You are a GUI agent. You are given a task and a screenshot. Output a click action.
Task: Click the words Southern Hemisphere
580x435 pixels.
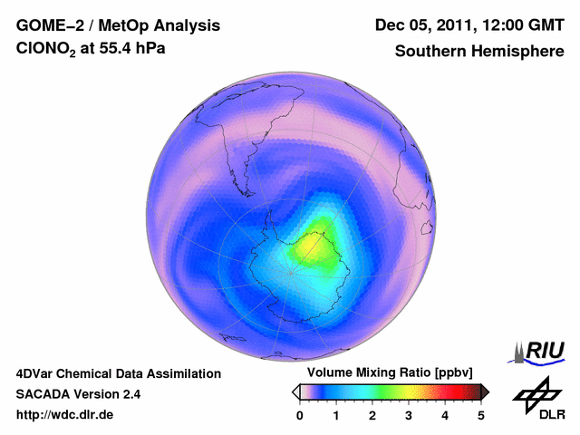478,52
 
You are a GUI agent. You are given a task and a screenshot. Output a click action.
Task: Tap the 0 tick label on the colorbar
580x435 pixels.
300,415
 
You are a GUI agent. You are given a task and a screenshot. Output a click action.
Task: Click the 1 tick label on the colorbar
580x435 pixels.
336,415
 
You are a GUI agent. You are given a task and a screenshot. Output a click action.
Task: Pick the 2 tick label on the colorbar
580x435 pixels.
372,415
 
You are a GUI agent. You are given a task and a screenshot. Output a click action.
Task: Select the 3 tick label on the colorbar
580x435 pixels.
409,415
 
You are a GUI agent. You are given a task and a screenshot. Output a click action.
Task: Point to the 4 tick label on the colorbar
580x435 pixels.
445,415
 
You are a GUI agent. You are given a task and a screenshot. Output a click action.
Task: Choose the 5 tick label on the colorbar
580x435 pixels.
481,415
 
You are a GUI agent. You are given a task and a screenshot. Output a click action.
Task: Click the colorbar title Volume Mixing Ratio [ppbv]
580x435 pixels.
386,372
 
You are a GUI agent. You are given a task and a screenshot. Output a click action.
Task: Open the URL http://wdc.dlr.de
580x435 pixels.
65,415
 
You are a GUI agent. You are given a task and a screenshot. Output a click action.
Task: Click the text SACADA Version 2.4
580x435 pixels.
78,394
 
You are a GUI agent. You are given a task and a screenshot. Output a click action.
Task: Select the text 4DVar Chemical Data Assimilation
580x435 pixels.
118,373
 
